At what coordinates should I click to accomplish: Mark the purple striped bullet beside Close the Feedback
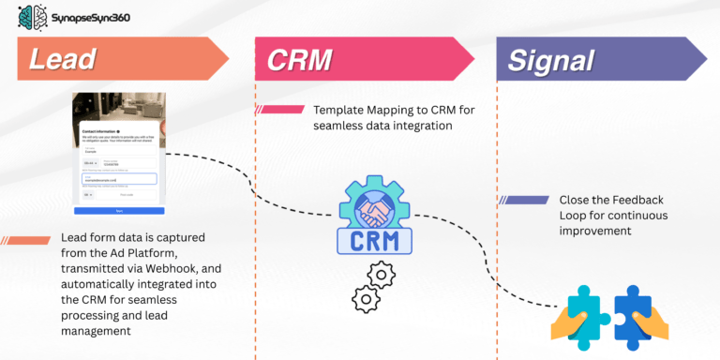click(524, 200)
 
